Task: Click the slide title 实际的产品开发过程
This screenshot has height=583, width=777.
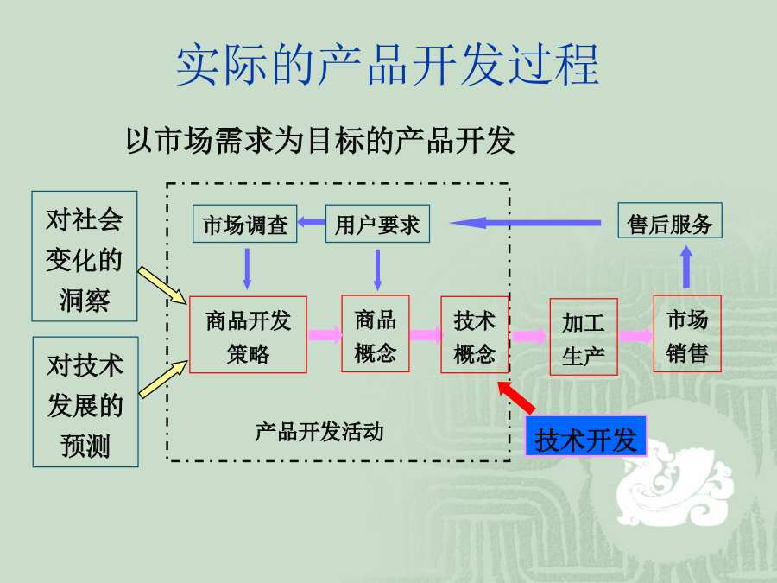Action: pyautogui.click(x=388, y=65)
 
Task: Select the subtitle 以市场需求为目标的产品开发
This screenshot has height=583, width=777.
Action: pyautogui.click(x=320, y=140)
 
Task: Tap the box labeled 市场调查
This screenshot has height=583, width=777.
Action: pyautogui.click(x=245, y=224)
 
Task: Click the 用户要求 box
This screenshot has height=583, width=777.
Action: pyautogui.click(x=377, y=224)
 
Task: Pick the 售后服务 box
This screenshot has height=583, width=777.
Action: pyautogui.click(x=670, y=220)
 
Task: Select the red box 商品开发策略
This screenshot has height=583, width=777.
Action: pyautogui.click(x=249, y=334)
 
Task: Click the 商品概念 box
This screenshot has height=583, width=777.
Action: pyautogui.click(x=376, y=333)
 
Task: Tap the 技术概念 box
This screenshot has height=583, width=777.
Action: pyautogui.click(x=475, y=334)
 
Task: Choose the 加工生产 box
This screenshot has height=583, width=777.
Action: pyautogui.click(x=584, y=337)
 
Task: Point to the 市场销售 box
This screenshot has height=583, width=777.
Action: pyautogui.click(x=687, y=333)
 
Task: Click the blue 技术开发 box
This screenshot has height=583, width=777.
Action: pyautogui.click(x=586, y=436)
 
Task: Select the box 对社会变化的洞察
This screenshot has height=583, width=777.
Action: pyautogui.click(x=85, y=257)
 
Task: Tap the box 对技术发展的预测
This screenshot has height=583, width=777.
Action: pyautogui.click(x=85, y=402)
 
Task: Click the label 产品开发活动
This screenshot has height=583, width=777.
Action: pyautogui.click(x=319, y=432)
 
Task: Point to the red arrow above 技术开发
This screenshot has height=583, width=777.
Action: pyautogui.click(x=516, y=397)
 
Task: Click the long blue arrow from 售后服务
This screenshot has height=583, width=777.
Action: pyautogui.click(x=525, y=223)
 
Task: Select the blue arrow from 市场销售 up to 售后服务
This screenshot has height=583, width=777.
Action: pyautogui.click(x=686, y=267)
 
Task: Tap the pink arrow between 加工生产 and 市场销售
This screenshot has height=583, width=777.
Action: pyautogui.click(x=635, y=336)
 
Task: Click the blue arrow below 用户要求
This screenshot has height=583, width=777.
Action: pyautogui.click(x=377, y=269)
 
